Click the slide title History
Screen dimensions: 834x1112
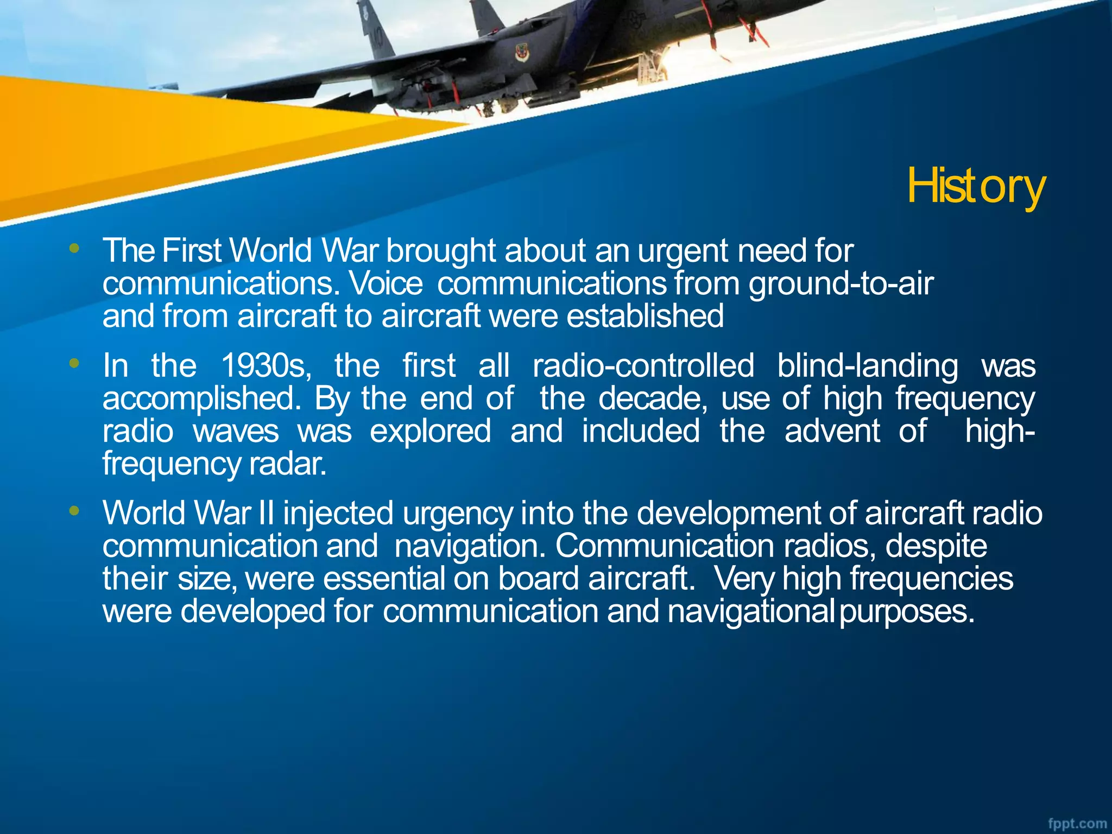click(976, 186)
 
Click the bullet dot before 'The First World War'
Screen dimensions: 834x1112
click(74, 249)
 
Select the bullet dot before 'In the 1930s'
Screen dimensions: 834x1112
click(74, 363)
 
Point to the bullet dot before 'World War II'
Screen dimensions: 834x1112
click(74, 510)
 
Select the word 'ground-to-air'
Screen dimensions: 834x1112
click(841, 283)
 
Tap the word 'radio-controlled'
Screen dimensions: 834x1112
click(643, 365)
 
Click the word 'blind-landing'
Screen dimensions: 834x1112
click(868, 365)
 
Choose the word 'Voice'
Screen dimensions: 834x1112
click(386, 283)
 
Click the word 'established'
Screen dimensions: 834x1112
click(645, 316)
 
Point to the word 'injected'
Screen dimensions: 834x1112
click(338, 513)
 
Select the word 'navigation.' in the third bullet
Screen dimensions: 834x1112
click(470, 546)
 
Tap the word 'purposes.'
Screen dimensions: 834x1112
click(907, 612)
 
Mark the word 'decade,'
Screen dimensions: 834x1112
click(653, 399)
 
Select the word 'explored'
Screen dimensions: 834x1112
click(431, 431)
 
